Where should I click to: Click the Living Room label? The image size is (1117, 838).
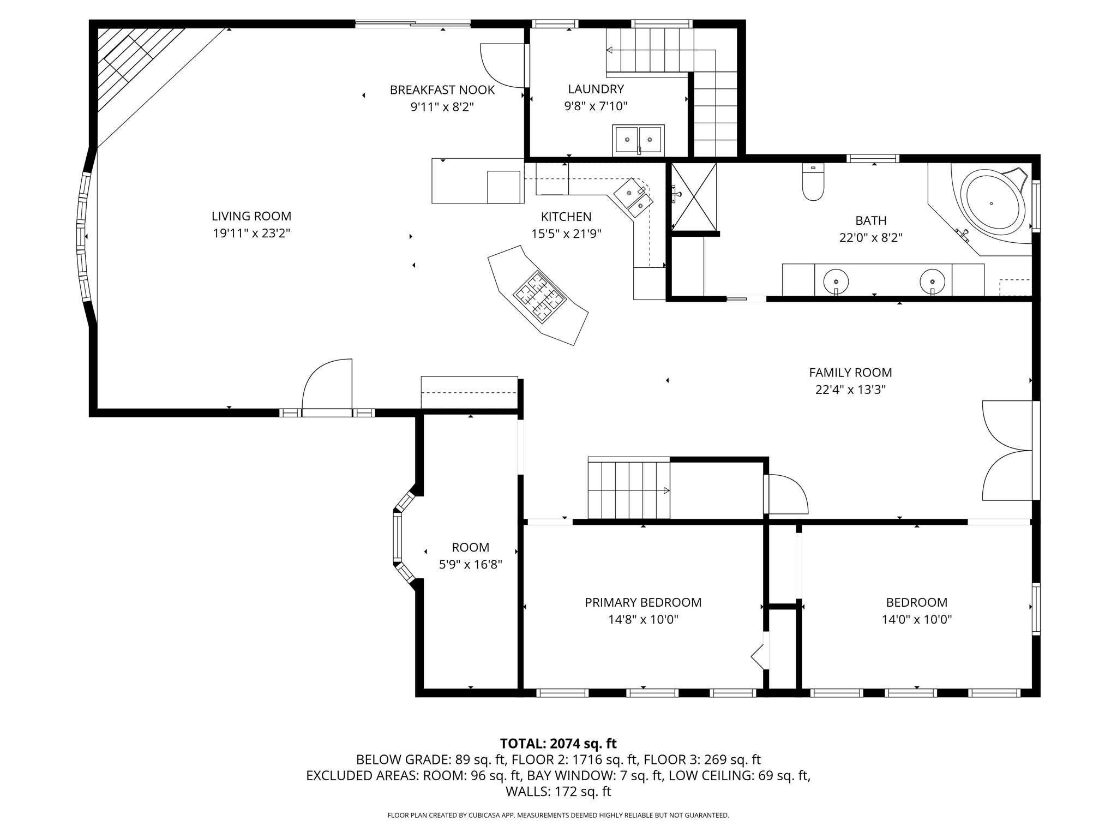click(251, 216)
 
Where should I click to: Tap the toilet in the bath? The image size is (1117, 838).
click(813, 182)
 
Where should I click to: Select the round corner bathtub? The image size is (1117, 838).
click(991, 203)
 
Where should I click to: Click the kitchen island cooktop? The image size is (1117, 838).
click(539, 295)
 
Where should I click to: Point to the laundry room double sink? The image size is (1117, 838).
click(638, 140)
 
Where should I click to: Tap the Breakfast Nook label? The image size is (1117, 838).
click(442, 90)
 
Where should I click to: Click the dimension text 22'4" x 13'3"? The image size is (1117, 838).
click(850, 390)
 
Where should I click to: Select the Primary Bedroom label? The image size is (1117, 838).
click(643, 602)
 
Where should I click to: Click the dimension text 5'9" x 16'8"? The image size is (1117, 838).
click(471, 565)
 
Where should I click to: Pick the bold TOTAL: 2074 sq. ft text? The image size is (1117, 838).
click(558, 743)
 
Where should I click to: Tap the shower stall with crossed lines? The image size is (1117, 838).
click(694, 196)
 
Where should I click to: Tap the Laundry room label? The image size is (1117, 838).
click(596, 89)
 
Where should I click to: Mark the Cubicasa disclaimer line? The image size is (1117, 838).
click(558, 815)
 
